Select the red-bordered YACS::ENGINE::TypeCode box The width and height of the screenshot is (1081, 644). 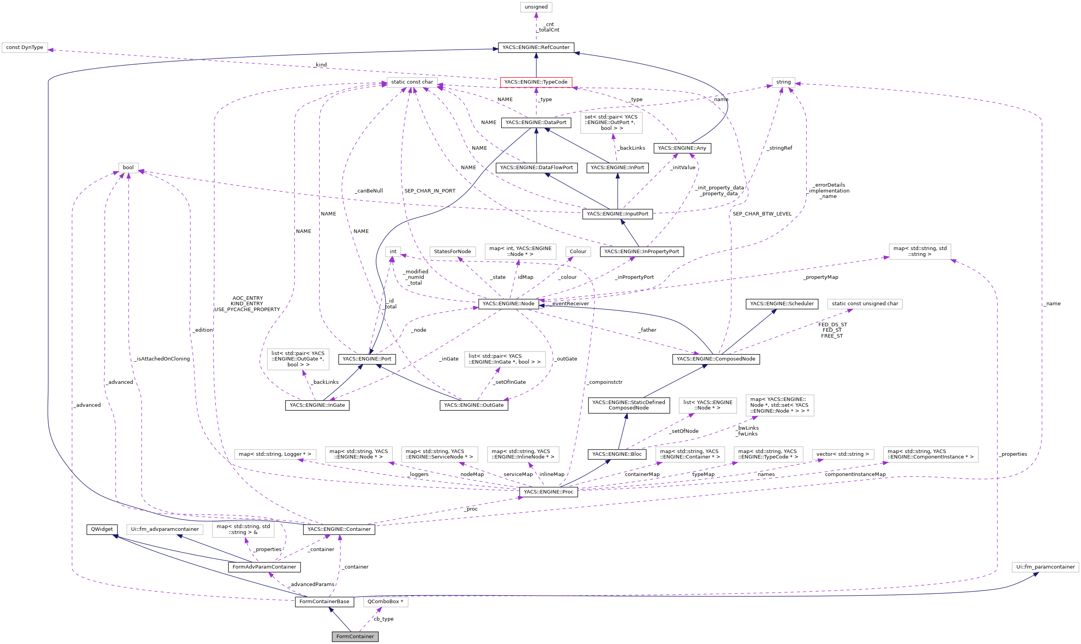[x=536, y=82]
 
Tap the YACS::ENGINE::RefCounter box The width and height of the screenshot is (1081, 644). [x=536, y=47]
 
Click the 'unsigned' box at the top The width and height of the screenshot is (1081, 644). [x=536, y=7]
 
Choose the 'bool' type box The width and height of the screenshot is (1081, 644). [x=128, y=168]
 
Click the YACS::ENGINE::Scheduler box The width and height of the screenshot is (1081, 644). [x=781, y=304]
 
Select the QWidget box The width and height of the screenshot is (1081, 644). [x=102, y=529]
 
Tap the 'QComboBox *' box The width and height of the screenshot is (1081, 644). [x=385, y=602]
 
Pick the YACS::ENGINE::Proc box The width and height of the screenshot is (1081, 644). [x=548, y=492]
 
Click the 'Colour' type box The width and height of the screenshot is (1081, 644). [x=578, y=251]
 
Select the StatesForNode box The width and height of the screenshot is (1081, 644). [x=452, y=251]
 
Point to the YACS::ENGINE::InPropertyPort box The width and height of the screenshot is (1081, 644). [x=641, y=251]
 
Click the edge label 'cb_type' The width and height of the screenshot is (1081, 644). [x=383, y=619]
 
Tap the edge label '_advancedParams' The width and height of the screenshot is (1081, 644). [x=311, y=584]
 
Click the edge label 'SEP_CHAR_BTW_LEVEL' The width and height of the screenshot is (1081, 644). [x=762, y=213]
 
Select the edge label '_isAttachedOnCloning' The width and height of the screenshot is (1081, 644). [x=162, y=359]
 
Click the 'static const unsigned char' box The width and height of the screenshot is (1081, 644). [x=864, y=304]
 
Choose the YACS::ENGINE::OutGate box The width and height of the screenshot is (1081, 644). [x=473, y=405]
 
